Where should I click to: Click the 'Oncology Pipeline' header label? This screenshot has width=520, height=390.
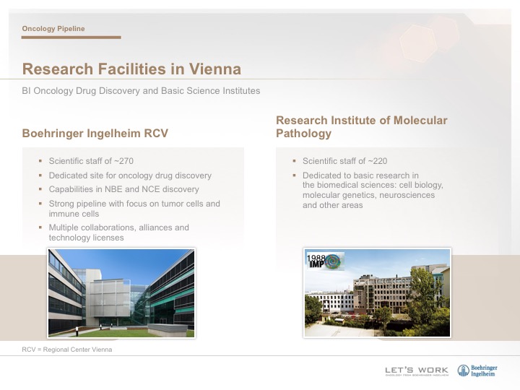[53, 28]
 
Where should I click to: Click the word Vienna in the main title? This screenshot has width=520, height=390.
[215, 69]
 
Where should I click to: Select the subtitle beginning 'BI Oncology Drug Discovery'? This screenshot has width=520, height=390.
[141, 91]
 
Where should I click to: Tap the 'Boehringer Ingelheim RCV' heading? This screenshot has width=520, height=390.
[95, 134]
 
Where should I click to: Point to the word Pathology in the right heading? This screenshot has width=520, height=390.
[303, 134]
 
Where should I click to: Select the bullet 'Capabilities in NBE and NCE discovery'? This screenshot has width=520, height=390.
[123, 189]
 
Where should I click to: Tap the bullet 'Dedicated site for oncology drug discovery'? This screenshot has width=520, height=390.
[130, 175]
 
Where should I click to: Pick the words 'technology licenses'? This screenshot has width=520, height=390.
[86, 238]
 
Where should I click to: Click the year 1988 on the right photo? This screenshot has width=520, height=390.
[316, 258]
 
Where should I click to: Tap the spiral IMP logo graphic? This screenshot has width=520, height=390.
[333, 261]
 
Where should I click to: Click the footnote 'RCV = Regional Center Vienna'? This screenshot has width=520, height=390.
[67, 350]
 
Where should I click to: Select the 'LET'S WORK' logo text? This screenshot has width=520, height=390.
[417, 370]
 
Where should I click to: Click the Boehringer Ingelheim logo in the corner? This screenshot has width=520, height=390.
[477, 370]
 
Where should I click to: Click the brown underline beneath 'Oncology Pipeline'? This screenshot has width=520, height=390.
[71, 38]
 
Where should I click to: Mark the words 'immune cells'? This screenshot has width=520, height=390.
[74, 214]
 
